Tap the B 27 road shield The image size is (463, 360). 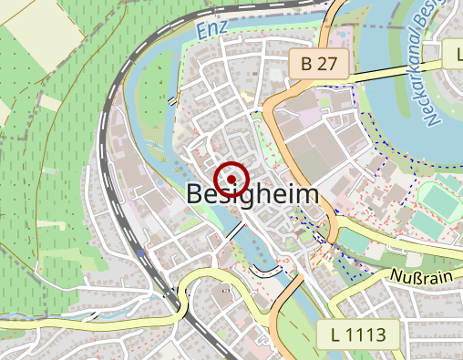coord(319,63)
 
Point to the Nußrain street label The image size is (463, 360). coord(422,275)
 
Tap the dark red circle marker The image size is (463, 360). coord(231,177)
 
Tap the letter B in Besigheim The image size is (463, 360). coord(195,194)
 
